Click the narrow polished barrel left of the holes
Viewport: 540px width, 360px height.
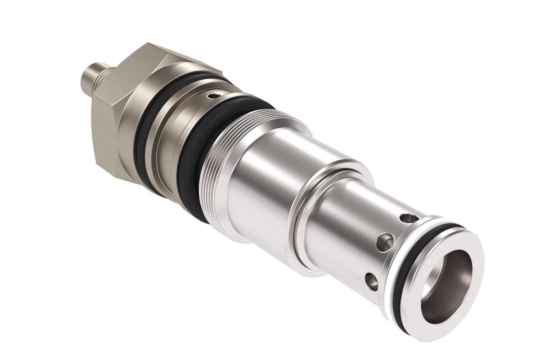[342, 225]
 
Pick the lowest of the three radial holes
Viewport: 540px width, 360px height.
[371, 282]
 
